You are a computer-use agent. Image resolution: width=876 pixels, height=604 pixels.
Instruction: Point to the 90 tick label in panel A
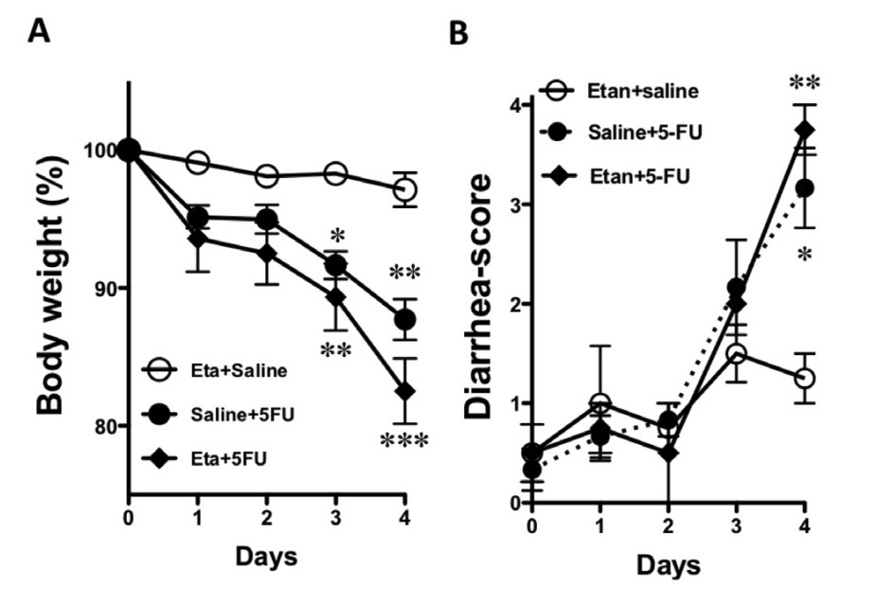(x=101, y=289)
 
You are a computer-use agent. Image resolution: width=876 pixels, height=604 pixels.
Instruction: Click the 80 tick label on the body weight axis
(x=101, y=426)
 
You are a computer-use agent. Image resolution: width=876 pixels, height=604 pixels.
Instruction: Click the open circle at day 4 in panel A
(x=404, y=189)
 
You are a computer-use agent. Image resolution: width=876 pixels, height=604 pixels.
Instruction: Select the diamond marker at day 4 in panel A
(x=404, y=391)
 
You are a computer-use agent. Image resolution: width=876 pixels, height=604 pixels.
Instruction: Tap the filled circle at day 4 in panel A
(x=404, y=320)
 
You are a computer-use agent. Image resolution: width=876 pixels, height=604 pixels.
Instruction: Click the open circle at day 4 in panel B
(x=805, y=378)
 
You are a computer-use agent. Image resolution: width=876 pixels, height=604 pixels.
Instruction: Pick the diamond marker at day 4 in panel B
(x=805, y=130)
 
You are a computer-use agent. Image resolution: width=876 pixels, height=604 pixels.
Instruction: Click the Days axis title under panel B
(x=669, y=566)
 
